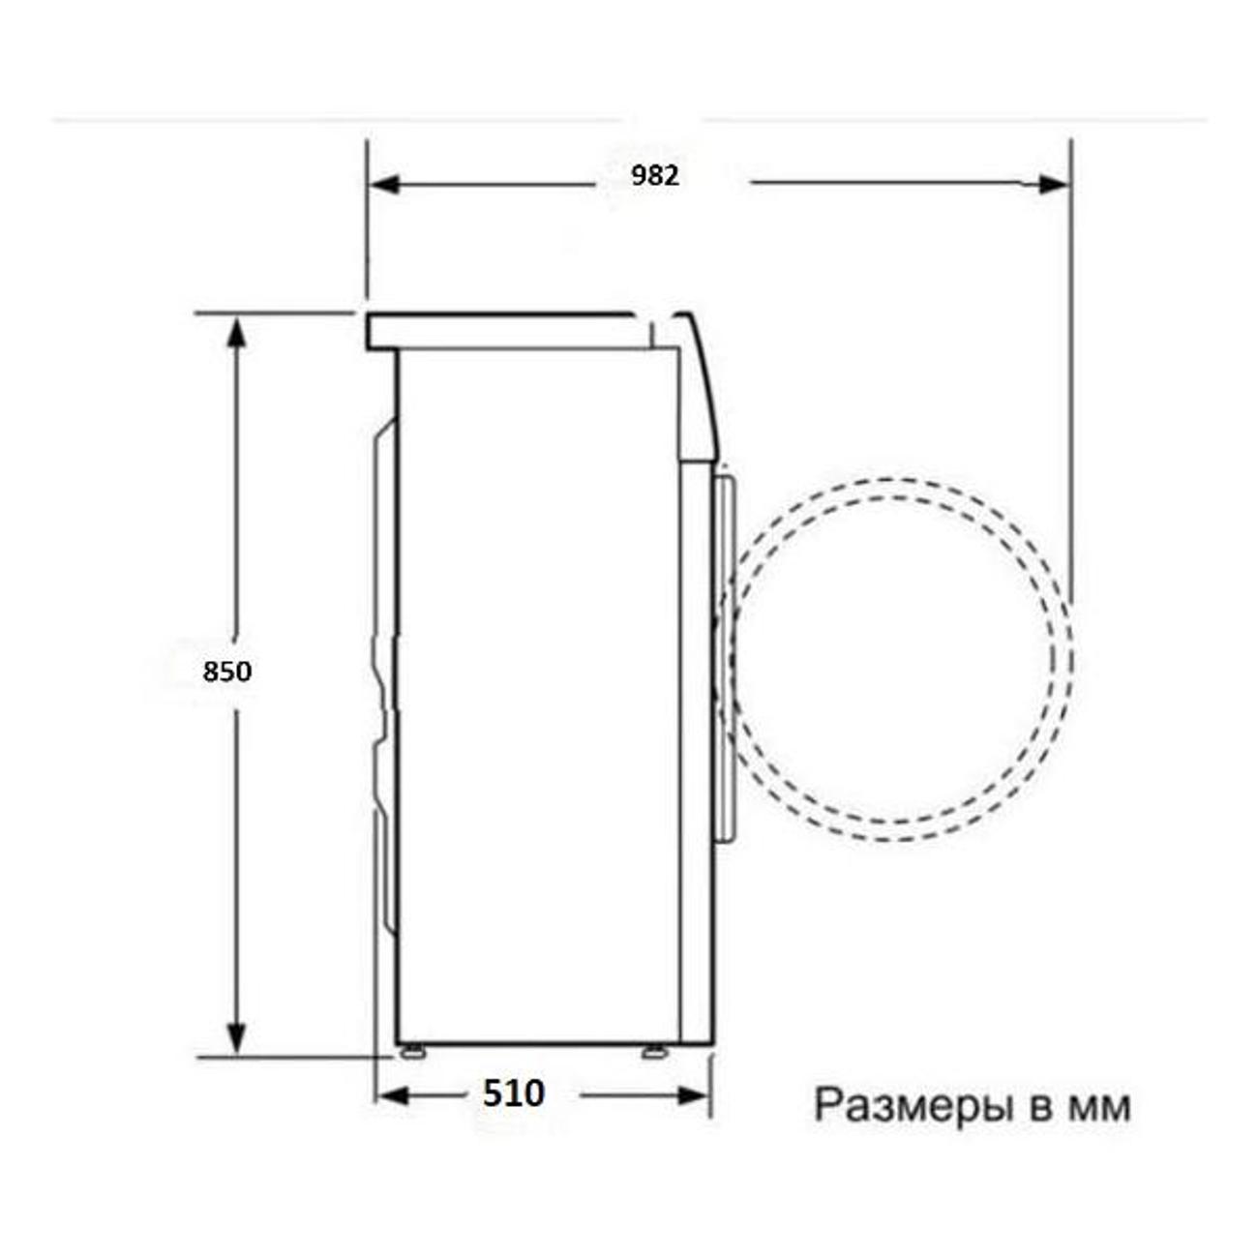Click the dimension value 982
point(655,175)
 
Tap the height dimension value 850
point(226,671)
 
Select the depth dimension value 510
point(513,1093)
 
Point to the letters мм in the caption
point(1098,1107)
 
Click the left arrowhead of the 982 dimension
point(384,184)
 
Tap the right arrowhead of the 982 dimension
point(1054,185)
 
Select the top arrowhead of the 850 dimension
point(236,332)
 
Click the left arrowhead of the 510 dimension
point(394,1096)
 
